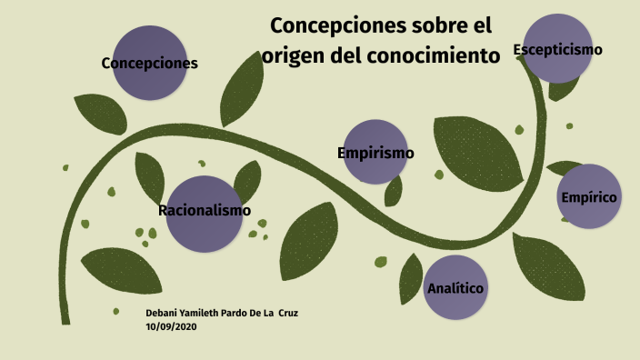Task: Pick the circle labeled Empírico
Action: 589,196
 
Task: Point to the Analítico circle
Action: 455,288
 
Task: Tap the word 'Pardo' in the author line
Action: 228,314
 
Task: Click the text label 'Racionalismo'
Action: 205,211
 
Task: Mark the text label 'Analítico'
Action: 455,289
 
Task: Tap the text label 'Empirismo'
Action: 375,153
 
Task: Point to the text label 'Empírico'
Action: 589,197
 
